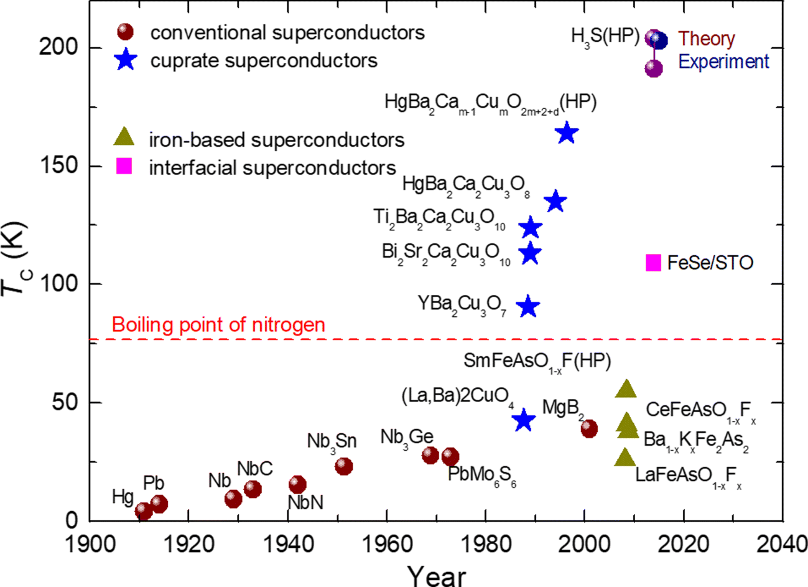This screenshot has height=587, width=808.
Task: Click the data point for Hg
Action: [x=144, y=511]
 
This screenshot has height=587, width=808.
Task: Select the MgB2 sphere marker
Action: [x=589, y=428]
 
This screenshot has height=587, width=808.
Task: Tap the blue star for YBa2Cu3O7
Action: [x=528, y=307]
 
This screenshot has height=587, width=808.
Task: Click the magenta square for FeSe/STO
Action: [x=653, y=263]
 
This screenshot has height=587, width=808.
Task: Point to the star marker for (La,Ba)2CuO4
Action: [x=524, y=420]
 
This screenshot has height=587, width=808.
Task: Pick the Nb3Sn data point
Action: [x=343, y=466]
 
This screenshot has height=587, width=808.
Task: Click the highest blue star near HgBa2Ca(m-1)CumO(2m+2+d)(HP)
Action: [x=567, y=133]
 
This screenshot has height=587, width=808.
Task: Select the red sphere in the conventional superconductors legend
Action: [x=125, y=32]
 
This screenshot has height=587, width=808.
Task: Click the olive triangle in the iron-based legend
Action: [x=124, y=137]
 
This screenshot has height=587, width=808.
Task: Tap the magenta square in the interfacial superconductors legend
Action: [x=124, y=166]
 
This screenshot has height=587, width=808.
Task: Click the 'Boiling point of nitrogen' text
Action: [x=218, y=324]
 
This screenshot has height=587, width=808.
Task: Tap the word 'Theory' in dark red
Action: [x=707, y=39]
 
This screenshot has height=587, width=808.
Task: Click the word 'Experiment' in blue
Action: [x=723, y=62]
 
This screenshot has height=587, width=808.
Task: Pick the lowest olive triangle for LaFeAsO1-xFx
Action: [x=626, y=458]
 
